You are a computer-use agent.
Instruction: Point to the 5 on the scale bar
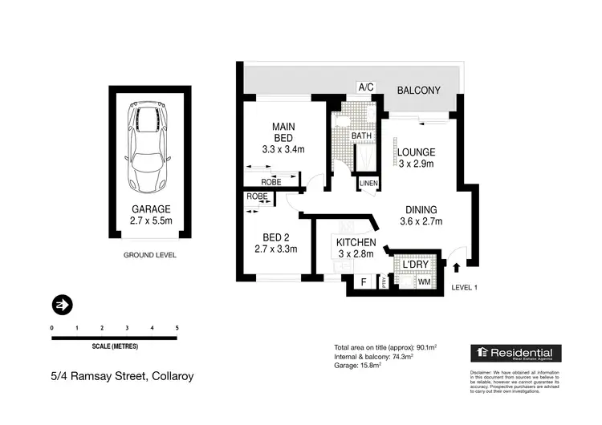[x=177, y=329]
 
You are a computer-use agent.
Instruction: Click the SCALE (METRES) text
[x=114, y=346]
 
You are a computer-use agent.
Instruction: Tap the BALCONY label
[x=418, y=91]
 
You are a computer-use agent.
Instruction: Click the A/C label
[x=367, y=87]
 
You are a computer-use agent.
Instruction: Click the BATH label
[x=361, y=136]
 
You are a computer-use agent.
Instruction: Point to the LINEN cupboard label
[x=368, y=184]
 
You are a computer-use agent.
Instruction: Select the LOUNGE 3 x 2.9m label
[x=416, y=158]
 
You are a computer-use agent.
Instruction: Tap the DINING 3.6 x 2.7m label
[x=421, y=214]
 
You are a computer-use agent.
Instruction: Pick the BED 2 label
[x=270, y=242]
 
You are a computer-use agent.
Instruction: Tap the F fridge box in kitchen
[x=363, y=282]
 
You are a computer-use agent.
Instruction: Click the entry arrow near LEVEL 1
[x=458, y=269]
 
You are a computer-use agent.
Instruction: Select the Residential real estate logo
[x=516, y=354]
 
